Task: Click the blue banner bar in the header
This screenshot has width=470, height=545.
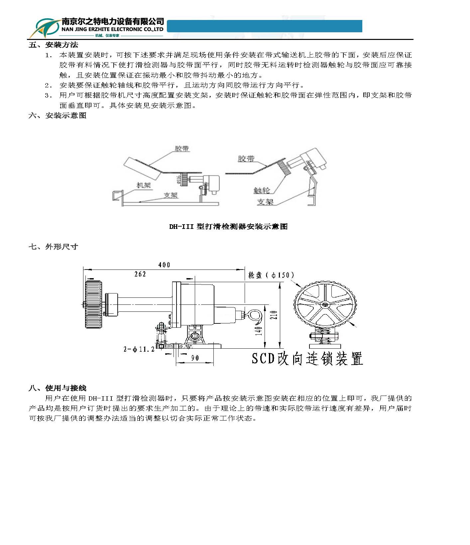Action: (x=264, y=26)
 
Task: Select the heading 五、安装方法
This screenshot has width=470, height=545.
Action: (x=54, y=45)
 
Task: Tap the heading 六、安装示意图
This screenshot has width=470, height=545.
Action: (x=58, y=115)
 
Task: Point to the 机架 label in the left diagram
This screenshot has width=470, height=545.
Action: (x=144, y=185)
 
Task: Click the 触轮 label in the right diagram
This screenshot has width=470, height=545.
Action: (x=262, y=190)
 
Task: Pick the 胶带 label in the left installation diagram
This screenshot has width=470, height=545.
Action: (x=182, y=148)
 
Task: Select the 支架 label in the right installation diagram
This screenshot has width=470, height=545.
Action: (x=265, y=202)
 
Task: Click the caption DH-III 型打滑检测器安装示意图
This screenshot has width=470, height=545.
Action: (x=228, y=227)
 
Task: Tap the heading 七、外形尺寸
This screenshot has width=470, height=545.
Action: (x=54, y=247)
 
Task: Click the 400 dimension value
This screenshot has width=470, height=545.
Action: (x=164, y=265)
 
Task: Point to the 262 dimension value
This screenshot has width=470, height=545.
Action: (x=140, y=274)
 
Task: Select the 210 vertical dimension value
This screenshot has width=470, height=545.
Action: (x=274, y=315)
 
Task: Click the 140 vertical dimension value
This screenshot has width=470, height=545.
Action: (x=259, y=330)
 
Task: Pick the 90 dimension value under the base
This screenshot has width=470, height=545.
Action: (x=195, y=358)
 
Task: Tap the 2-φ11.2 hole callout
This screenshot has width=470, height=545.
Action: (x=139, y=349)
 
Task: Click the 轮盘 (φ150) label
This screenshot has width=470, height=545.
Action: (x=271, y=275)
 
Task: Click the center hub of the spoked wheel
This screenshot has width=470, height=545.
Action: (x=325, y=304)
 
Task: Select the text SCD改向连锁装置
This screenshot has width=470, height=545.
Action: (x=307, y=359)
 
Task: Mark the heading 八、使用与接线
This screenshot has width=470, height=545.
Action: (x=58, y=388)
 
